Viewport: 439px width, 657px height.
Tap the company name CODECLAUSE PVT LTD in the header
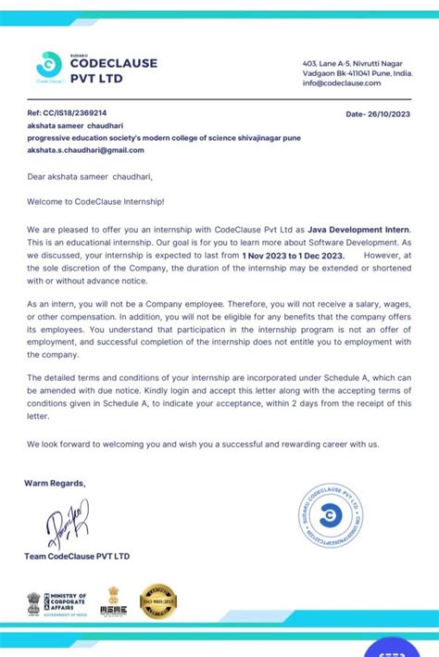pyautogui.click(x=113, y=70)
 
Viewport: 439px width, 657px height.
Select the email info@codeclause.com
pyautogui.click(x=342, y=82)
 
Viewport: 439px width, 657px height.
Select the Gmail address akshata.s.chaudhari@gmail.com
pyautogui.click(x=86, y=149)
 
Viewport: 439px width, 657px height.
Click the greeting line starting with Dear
pyautogui.click(x=89, y=175)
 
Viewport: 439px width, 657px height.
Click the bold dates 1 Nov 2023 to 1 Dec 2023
pyautogui.click(x=293, y=254)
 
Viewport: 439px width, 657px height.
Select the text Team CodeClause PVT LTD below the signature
pyautogui.click(x=79, y=556)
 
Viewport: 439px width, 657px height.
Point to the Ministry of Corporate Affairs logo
pyautogui.click(x=56, y=603)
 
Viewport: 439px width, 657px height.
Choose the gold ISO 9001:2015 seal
pyautogui.click(x=157, y=601)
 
